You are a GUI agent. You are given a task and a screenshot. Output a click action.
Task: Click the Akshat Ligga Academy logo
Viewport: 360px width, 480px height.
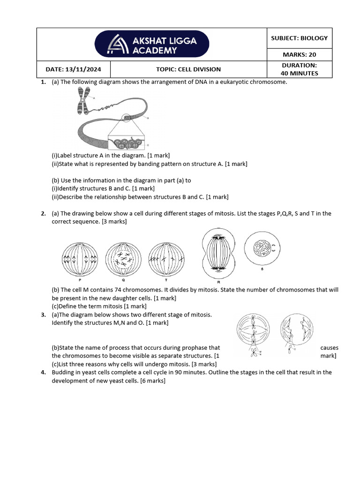(x=152, y=45)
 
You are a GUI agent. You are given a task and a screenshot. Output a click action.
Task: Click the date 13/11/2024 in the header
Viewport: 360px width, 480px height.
(x=73, y=69)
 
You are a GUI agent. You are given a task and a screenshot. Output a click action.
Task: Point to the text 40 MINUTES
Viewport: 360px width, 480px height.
(x=299, y=74)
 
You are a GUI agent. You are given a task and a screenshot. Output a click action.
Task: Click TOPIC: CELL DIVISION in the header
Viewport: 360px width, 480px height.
(x=188, y=69)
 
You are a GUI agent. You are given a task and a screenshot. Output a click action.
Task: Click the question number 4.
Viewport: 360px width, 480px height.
(x=43, y=373)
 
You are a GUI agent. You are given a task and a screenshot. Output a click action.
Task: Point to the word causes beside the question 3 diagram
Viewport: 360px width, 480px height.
(x=329, y=348)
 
